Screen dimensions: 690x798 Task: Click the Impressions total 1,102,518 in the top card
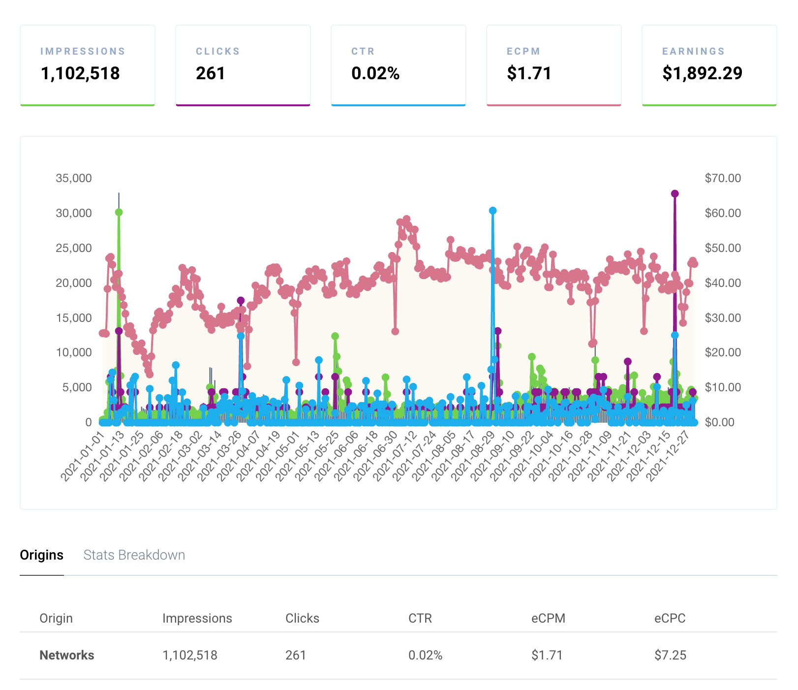coord(80,73)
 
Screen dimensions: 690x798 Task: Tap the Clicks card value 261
coord(211,73)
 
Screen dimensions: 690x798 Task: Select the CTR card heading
coord(363,51)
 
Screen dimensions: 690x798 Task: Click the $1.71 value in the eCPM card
coord(529,73)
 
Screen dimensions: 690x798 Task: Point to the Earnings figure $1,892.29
coord(702,73)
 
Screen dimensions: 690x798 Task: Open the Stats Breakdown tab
coord(134,555)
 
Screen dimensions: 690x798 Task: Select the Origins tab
coord(42,555)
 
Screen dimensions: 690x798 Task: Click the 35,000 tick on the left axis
coord(74,178)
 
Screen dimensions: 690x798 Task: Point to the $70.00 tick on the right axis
coord(722,178)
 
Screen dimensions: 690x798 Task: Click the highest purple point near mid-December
coord(675,194)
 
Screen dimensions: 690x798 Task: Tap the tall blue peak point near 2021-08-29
coord(492,211)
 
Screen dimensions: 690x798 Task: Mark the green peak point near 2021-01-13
coord(119,212)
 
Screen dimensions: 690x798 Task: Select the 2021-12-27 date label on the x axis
coord(669,456)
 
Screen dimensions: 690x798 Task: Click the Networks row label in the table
coord(67,656)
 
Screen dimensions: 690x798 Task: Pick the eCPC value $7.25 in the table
coord(670,656)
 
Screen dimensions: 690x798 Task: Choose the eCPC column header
coord(670,619)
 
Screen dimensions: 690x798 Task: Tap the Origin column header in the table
coord(56,619)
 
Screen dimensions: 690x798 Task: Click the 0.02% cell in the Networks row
coord(425,656)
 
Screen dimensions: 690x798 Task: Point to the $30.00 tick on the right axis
coord(722,318)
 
